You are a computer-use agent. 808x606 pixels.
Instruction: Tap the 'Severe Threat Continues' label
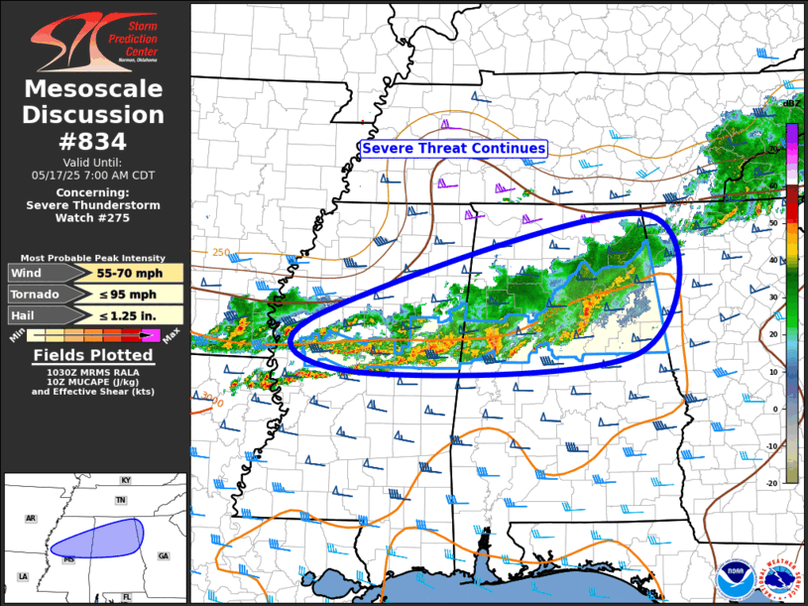tap(454, 148)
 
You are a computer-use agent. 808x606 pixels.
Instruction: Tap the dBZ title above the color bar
tap(792, 103)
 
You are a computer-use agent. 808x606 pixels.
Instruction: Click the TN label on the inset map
tap(121, 501)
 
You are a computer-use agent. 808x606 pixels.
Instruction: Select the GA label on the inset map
tap(163, 555)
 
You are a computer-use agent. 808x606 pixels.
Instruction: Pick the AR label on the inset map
tap(31, 518)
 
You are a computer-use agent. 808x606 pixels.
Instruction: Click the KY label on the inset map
tap(125, 480)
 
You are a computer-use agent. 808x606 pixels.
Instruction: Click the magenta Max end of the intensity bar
tap(151, 336)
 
